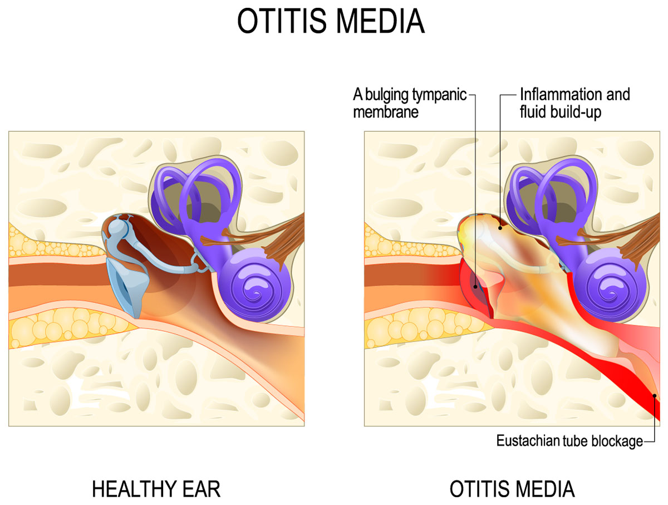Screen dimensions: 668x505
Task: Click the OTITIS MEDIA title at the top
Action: pos(331,21)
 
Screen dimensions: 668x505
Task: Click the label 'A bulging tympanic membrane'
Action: pos(410,103)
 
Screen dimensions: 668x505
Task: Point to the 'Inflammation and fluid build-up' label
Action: pos(574,103)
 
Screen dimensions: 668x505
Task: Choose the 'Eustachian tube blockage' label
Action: pos(569,441)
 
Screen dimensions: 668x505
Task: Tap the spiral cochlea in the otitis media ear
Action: pos(611,285)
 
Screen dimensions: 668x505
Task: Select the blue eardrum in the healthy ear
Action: pos(127,286)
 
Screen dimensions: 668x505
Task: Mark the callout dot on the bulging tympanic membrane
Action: pos(475,286)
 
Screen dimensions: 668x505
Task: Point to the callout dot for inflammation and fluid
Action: pos(500,228)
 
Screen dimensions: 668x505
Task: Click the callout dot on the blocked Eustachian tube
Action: pos(654,396)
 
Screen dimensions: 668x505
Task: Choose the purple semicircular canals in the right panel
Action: pos(552,195)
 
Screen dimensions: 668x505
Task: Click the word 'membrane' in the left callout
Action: pos(386,112)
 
